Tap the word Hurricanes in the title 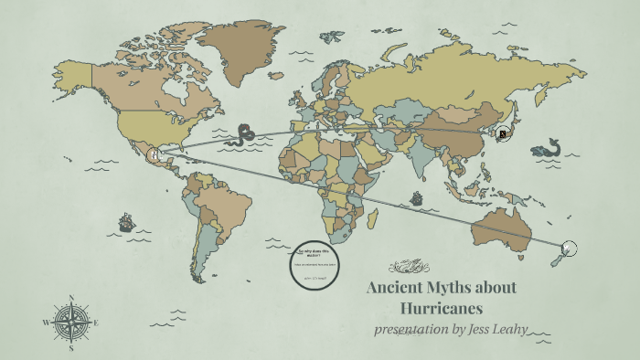442,308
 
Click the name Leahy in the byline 507,329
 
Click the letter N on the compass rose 71,298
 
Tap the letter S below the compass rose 71,348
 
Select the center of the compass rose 71,323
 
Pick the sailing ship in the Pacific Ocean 126,222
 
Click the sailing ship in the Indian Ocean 417,198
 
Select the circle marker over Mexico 155,155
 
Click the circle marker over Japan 502,134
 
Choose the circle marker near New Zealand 570,249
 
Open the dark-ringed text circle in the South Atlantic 315,264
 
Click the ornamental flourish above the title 409,267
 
